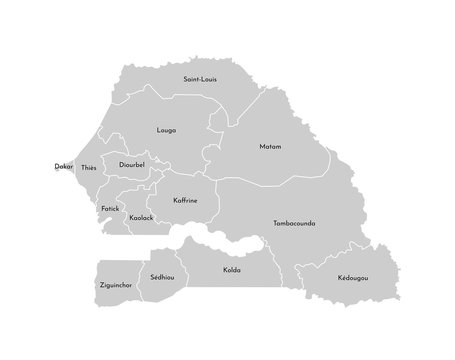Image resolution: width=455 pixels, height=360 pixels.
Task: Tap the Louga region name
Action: [x=167, y=130]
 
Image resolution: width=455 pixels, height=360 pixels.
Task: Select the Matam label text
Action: [x=269, y=147]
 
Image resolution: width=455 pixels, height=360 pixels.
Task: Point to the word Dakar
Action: [x=63, y=167]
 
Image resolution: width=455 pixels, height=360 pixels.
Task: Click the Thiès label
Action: [x=89, y=168]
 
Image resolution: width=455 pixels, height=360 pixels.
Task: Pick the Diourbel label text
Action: [x=132, y=166]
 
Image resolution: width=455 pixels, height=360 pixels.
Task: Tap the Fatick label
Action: [x=110, y=208]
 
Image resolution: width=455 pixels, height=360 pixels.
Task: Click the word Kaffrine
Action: [x=184, y=200]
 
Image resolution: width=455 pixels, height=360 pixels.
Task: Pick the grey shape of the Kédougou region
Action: [x=345, y=285]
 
